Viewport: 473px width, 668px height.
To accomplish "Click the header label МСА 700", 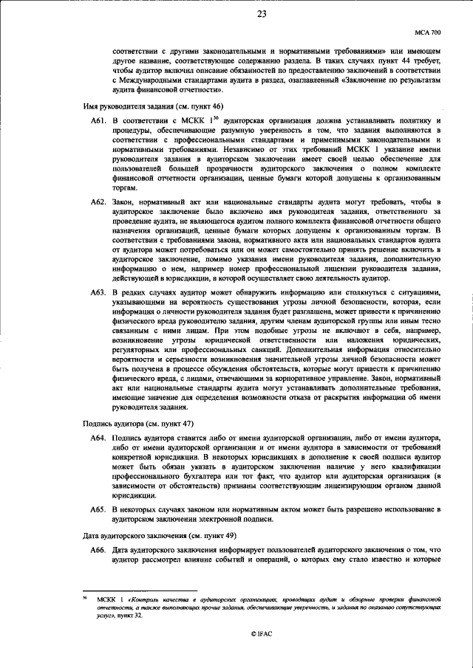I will (x=426, y=33).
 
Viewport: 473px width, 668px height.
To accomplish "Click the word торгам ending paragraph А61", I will (x=124, y=188).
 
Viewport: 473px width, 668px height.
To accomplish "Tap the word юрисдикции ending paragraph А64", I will (x=136, y=496).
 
